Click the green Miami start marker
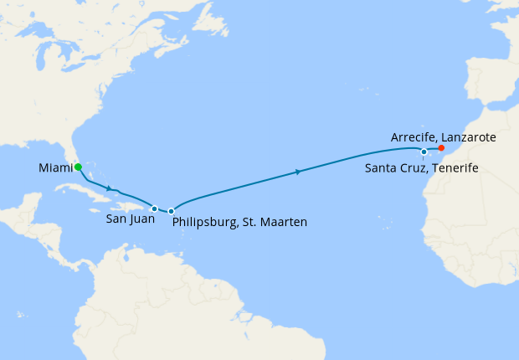point(78,167)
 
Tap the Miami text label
point(54,169)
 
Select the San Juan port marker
point(154,208)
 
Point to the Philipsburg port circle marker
point(171,211)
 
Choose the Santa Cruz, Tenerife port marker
point(424,152)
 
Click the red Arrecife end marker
point(442,148)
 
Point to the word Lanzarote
point(473,136)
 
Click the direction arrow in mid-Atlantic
point(299,172)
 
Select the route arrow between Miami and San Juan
point(109,187)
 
